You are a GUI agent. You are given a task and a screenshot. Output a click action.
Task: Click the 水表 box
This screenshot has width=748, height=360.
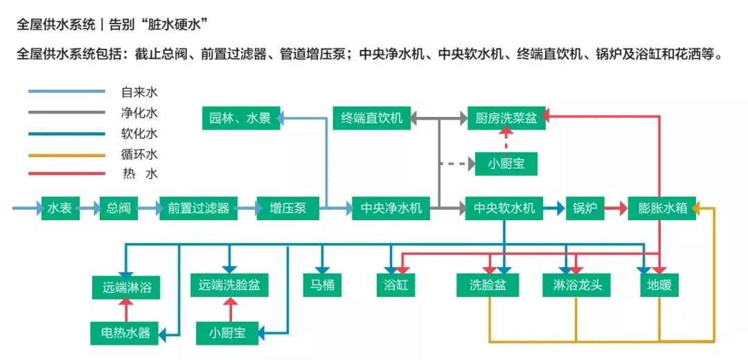(60, 208)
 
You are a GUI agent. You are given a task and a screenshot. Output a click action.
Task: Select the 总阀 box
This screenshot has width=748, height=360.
(119, 208)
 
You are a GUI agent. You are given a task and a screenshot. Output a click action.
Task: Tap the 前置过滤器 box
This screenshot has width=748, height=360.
(198, 208)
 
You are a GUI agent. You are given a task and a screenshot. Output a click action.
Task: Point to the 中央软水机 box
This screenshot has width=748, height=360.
(504, 208)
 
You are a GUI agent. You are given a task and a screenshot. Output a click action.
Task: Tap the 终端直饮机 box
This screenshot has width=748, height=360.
(372, 118)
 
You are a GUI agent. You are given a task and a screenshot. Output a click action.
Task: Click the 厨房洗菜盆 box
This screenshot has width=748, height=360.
(506, 118)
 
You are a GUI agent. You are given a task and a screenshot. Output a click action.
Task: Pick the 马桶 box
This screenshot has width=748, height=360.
(323, 285)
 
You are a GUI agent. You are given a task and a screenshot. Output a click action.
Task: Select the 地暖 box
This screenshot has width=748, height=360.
(659, 285)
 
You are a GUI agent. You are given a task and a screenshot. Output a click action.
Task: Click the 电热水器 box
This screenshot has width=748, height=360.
(125, 333)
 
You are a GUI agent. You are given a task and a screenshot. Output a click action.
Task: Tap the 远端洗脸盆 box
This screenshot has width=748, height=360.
(229, 285)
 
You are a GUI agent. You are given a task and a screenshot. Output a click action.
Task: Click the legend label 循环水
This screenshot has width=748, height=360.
(139, 154)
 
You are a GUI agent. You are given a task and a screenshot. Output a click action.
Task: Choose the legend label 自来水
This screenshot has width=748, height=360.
(139, 92)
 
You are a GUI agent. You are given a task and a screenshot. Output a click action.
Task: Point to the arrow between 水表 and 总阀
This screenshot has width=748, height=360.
(89, 208)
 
